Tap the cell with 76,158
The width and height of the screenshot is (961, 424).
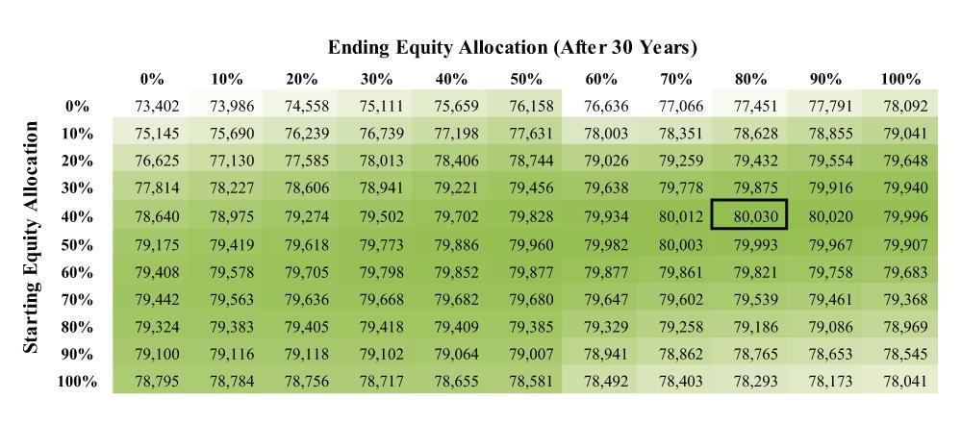[529, 106]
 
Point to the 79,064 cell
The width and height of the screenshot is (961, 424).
[454, 353]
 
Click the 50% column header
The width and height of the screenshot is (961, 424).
[529, 79]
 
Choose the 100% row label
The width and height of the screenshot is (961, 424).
[79, 381]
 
